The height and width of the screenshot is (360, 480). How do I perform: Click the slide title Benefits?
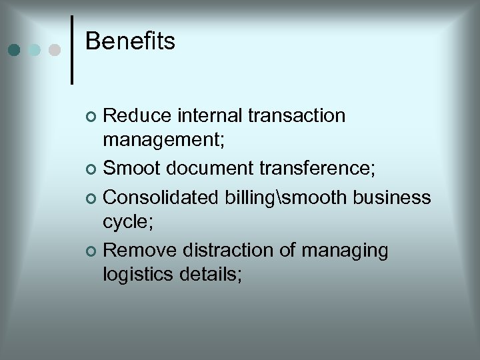130,41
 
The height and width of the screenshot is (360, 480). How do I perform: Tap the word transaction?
297,116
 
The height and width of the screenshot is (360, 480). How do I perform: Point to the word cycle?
128,223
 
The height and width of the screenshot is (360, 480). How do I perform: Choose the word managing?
344,251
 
